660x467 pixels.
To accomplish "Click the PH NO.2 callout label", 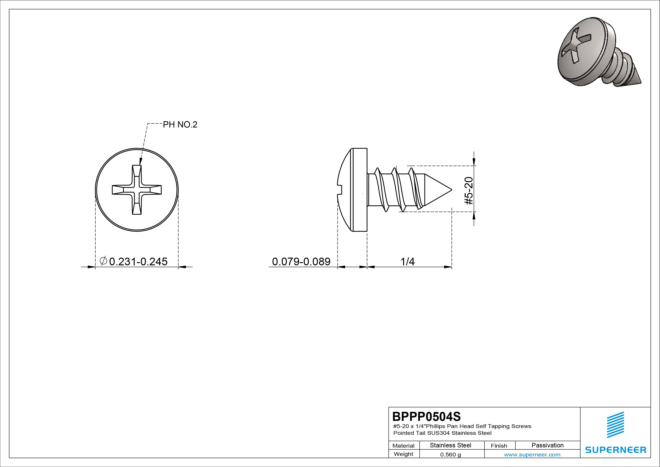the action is pyautogui.click(x=180, y=125).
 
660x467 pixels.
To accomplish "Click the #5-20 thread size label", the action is pyautogui.click(x=468, y=191).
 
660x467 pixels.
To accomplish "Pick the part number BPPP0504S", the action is pyautogui.click(x=426, y=416).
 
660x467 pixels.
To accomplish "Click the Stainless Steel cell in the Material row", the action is pyautogui.click(x=450, y=445).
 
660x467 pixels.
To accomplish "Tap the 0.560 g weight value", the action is pyautogui.click(x=450, y=455).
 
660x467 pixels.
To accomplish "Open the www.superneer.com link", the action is pyautogui.click(x=532, y=455).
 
